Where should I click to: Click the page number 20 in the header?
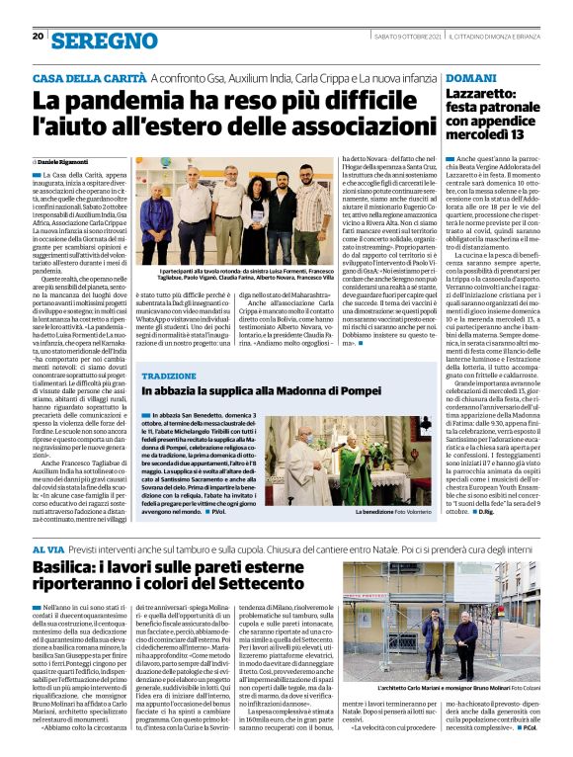[38, 37]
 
